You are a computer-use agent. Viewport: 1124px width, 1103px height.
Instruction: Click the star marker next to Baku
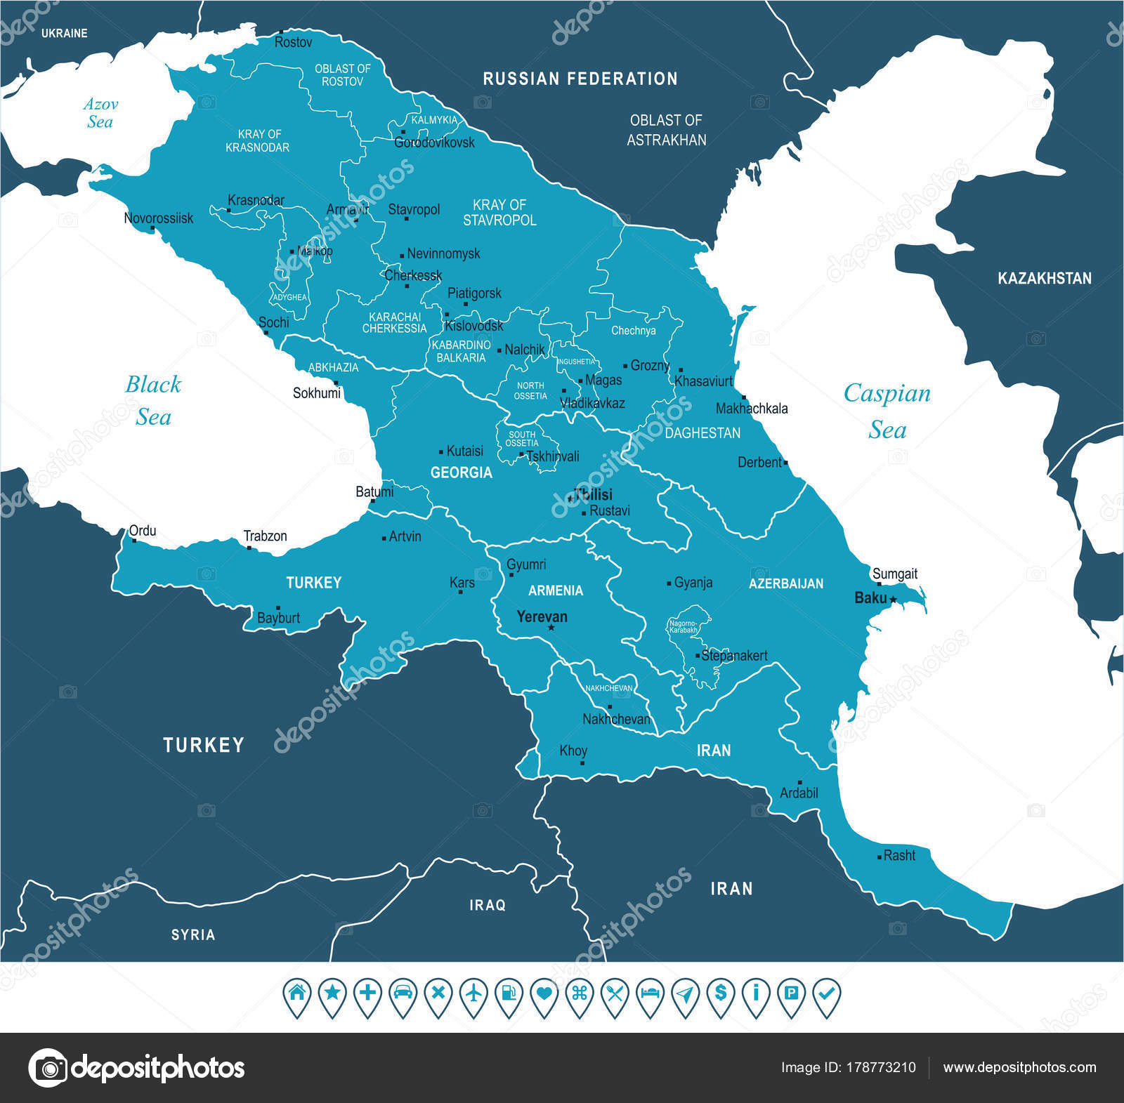(893, 600)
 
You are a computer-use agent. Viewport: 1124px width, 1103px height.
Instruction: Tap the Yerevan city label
(542, 616)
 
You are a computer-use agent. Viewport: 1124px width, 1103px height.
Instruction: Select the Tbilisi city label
(593, 494)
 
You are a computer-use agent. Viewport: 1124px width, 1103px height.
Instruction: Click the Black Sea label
(152, 400)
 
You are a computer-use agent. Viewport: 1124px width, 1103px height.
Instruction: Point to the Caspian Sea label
(887, 411)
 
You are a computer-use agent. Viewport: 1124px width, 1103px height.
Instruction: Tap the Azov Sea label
(100, 113)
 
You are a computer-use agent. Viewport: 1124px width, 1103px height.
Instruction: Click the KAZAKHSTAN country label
(1044, 279)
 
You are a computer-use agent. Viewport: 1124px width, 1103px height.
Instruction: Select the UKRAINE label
(64, 33)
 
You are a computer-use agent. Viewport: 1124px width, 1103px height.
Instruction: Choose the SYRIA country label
(193, 934)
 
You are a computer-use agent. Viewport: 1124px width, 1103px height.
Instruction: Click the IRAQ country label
(488, 905)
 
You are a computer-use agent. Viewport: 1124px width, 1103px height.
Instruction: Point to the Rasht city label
(899, 855)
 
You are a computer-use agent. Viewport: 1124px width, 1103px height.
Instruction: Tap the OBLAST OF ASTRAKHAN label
(666, 130)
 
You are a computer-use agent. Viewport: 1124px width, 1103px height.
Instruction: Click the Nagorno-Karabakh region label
(684, 626)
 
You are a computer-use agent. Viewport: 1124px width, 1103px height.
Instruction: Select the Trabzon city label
(265, 536)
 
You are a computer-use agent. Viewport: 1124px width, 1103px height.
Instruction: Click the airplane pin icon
(473, 993)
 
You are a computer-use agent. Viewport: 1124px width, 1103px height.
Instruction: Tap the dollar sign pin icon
(721, 993)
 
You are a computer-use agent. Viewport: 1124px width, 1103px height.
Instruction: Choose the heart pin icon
(544, 993)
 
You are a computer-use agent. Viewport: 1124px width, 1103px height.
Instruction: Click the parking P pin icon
(792, 993)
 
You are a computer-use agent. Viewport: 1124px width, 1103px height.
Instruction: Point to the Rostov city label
(293, 42)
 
